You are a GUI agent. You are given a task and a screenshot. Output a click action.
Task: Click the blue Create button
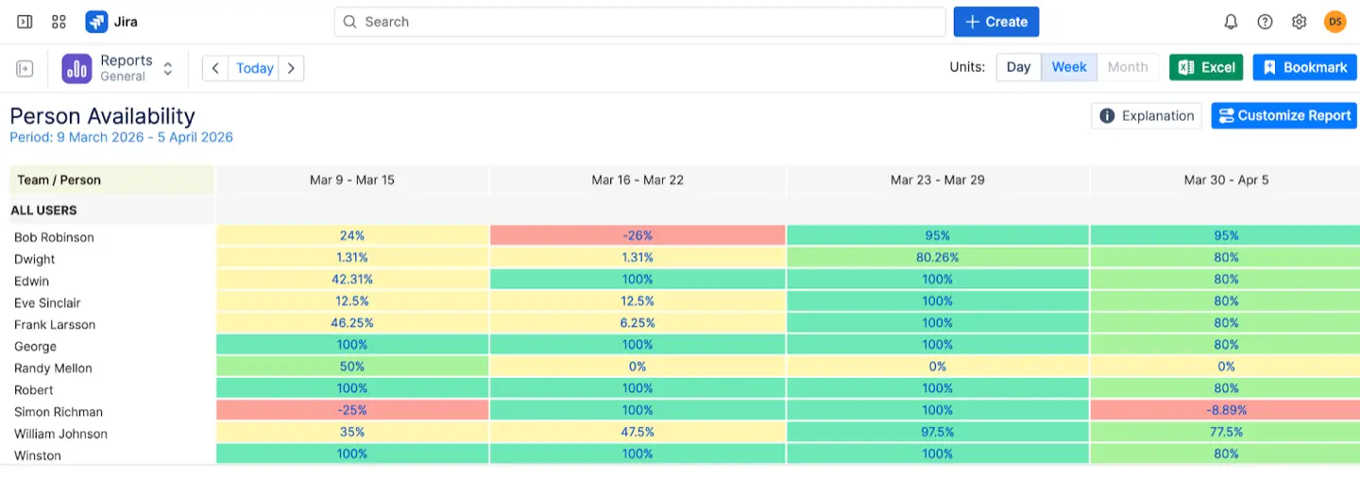click(995, 22)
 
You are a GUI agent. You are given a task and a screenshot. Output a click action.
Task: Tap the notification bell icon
click(1231, 22)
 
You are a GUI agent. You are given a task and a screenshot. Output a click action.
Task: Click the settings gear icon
click(1299, 22)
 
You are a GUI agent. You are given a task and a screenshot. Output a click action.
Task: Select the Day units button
click(1018, 67)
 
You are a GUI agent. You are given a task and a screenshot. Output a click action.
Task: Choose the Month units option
click(1127, 67)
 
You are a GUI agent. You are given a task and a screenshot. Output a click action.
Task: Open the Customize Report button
click(1283, 115)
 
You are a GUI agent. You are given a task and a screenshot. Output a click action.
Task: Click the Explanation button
click(1147, 115)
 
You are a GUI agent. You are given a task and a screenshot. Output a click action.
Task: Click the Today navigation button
click(254, 68)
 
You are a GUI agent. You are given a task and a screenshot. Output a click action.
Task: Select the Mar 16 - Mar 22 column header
click(637, 180)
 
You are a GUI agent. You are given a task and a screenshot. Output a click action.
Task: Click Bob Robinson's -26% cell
click(637, 235)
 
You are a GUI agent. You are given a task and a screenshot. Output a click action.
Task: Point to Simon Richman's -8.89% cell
click(1226, 410)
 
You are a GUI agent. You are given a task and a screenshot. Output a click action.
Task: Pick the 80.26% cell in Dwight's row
click(937, 257)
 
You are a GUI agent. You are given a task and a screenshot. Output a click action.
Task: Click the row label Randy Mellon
click(53, 368)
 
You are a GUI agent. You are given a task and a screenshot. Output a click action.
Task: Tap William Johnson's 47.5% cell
click(637, 432)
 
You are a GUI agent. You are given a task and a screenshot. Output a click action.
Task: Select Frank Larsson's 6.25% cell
click(637, 323)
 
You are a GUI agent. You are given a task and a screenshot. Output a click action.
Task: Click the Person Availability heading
click(102, 116)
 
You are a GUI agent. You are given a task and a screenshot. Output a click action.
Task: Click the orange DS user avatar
click(1334, 22)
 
